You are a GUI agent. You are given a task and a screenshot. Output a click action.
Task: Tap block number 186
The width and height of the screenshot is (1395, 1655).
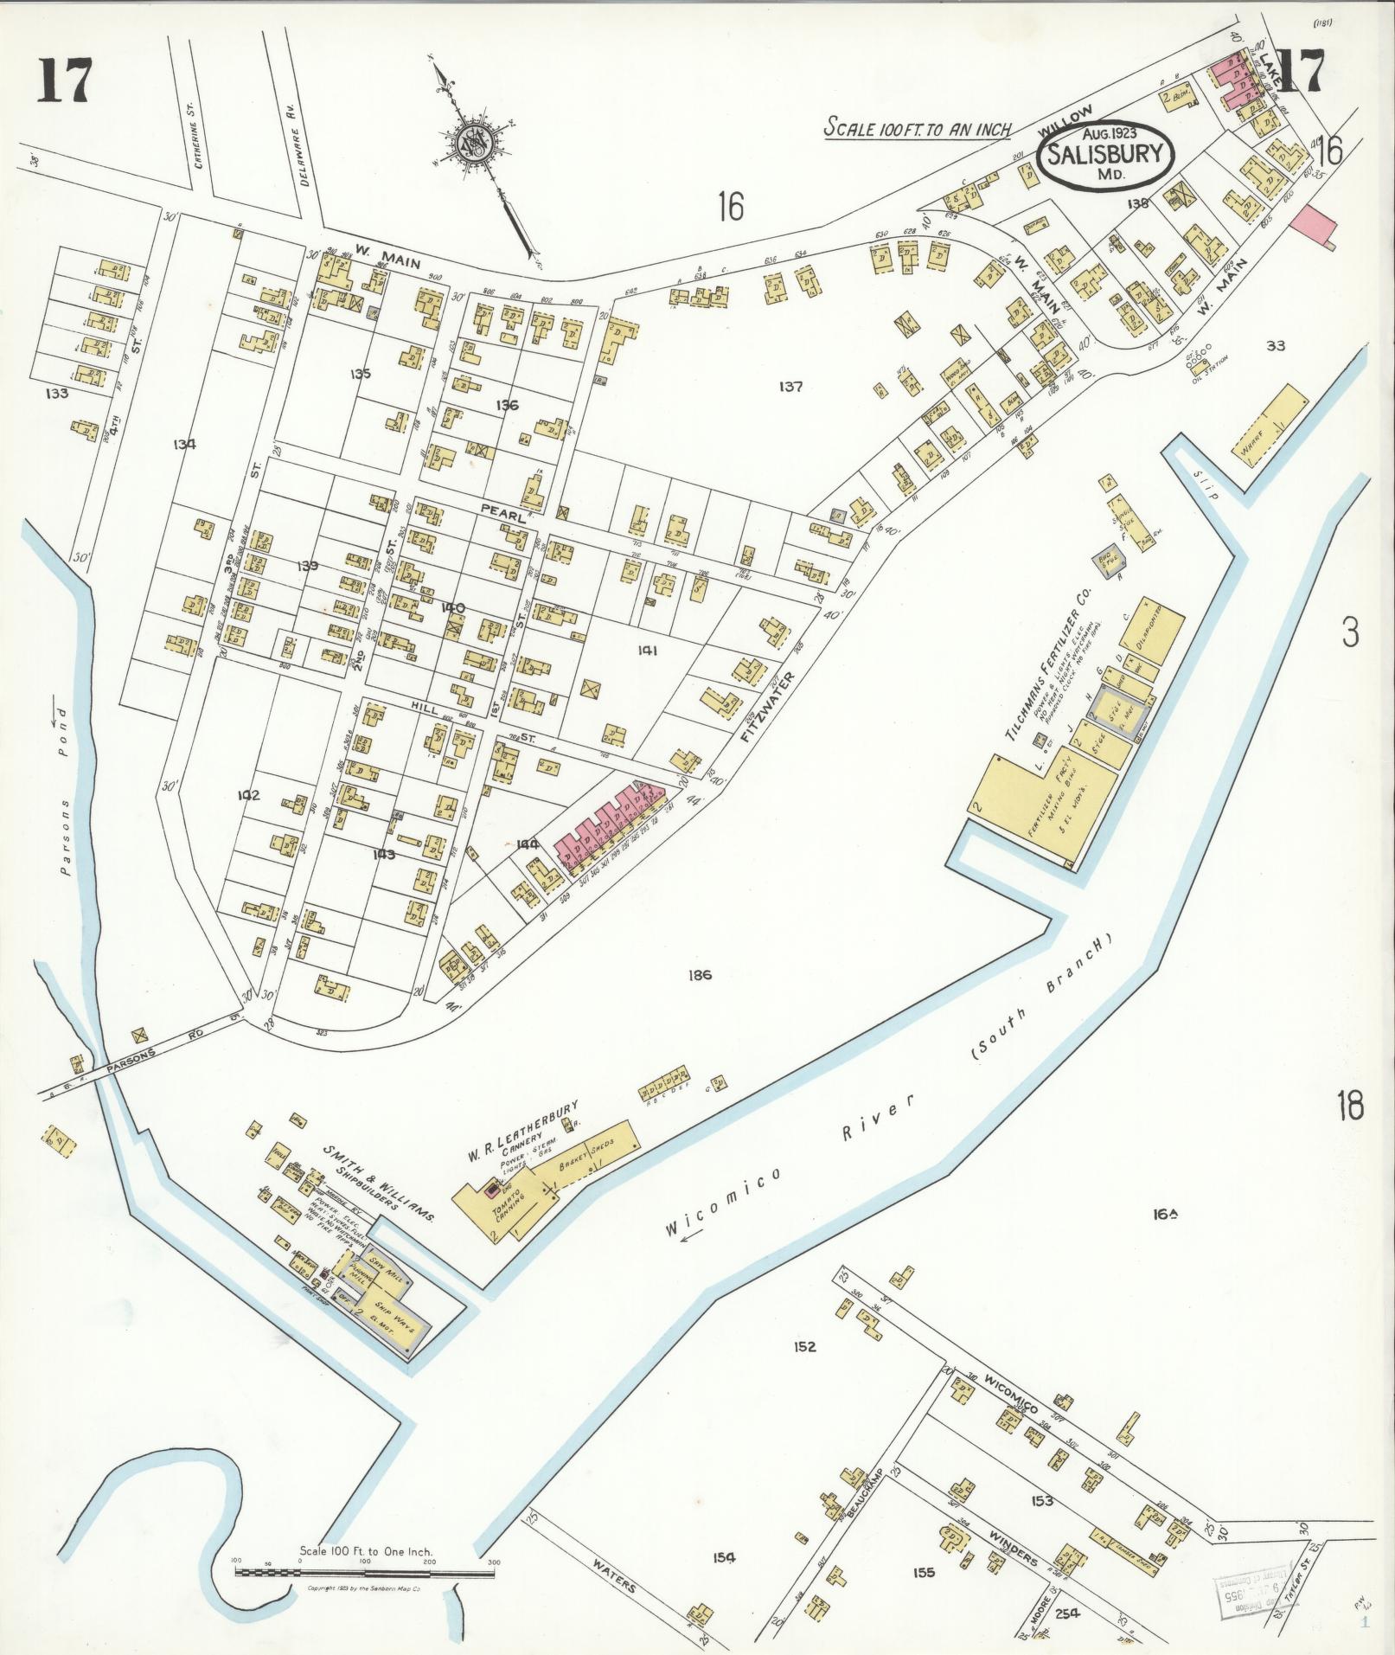pyautogui.click(x=700, y=975)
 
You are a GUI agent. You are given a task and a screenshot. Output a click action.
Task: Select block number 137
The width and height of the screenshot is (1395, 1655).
pyautogui.click(x=790, y=387)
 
